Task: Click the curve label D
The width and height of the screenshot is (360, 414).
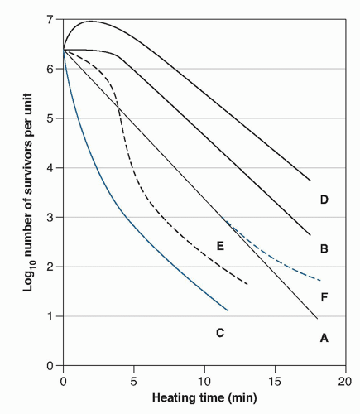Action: pyautogui.click(x=324, y=200)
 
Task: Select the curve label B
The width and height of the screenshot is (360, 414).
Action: pyautogui.click(x=324, y=248)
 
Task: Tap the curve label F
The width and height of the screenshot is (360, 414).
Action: pyautogui.click(x=324, y=297)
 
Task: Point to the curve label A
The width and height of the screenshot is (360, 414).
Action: pyautogui.click(x=324, y=338)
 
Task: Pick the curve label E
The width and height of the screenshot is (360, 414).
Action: pyautogui.click(x=220, y=246)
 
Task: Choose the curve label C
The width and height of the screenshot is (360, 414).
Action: pyautogui.click(x=220, y=333)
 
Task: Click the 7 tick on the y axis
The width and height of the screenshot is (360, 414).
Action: pyautogui.click(x=50, y=20)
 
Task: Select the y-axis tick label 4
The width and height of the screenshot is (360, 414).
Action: pyautogui.click(x=50, y=168)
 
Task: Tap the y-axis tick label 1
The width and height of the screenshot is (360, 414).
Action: pyautogui.click(x=50, y=316)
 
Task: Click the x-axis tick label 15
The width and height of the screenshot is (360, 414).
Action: pyautogui.click(x=275, y=382)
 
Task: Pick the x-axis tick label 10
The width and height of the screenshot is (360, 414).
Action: pyautogui.click(x=204, y=382)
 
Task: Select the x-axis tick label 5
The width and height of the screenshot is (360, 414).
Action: pyautogui.click(x=134, y=382)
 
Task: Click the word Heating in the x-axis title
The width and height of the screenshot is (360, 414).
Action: pyautogui.click(x=170, y=398)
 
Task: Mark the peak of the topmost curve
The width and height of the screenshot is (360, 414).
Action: pyautogui.click(x=90, y=21)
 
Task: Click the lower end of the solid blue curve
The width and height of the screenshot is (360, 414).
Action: pyautogui.click(x=228, y=310)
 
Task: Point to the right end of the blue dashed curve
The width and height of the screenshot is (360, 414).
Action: pyautogui.click(x=320, y=281)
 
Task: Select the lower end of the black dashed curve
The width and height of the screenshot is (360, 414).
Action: pyautogui.click(x=247, y=284)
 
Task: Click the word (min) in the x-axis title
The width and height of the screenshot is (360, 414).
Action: pyautogui.click(x=242, y=398)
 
